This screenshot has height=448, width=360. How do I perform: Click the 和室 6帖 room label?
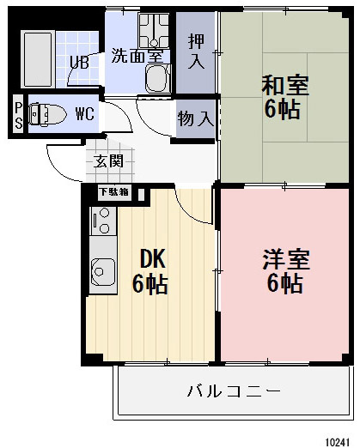284,97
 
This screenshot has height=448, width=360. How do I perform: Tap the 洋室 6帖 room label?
285,270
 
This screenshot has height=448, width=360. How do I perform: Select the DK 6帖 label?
149,271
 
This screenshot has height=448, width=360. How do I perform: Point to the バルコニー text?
234,391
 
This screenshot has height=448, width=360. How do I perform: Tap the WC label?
85,113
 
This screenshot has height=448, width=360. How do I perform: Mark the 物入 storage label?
196,118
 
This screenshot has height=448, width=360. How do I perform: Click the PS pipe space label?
18,114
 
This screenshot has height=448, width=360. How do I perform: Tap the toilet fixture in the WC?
46,113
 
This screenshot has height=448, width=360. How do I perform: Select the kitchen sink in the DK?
102,272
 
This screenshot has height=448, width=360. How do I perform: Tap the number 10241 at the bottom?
338,438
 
